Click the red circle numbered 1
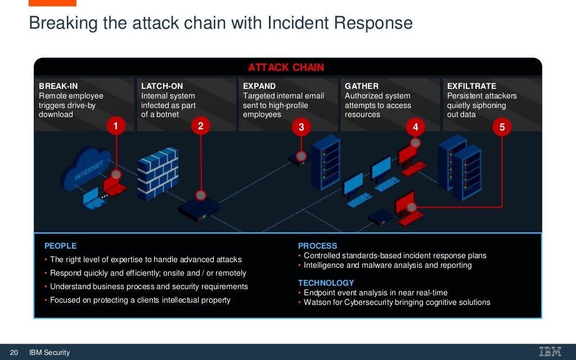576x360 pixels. coord(116,126)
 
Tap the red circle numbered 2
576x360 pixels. coord(200,126)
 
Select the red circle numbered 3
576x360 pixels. coord(301,127)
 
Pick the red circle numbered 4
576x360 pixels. coord(415,127)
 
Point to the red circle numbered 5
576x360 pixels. coord(502,127)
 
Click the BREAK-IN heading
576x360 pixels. coord(58,86)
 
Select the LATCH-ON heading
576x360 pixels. coord(162,86)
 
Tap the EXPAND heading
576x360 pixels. coord(259,86)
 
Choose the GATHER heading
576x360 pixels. coord(362,86)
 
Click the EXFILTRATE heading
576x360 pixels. coord(471,86)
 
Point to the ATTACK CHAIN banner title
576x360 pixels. coord(286,67)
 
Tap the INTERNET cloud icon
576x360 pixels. coord(87,169)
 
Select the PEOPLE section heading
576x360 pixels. coord(60,246)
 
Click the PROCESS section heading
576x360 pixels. coord(317,246)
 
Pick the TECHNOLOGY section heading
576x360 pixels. coord(326,283)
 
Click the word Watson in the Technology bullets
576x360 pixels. coord(317,302)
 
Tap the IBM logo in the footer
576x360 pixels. coord(550,352)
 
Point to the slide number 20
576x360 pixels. coord(14,352)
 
